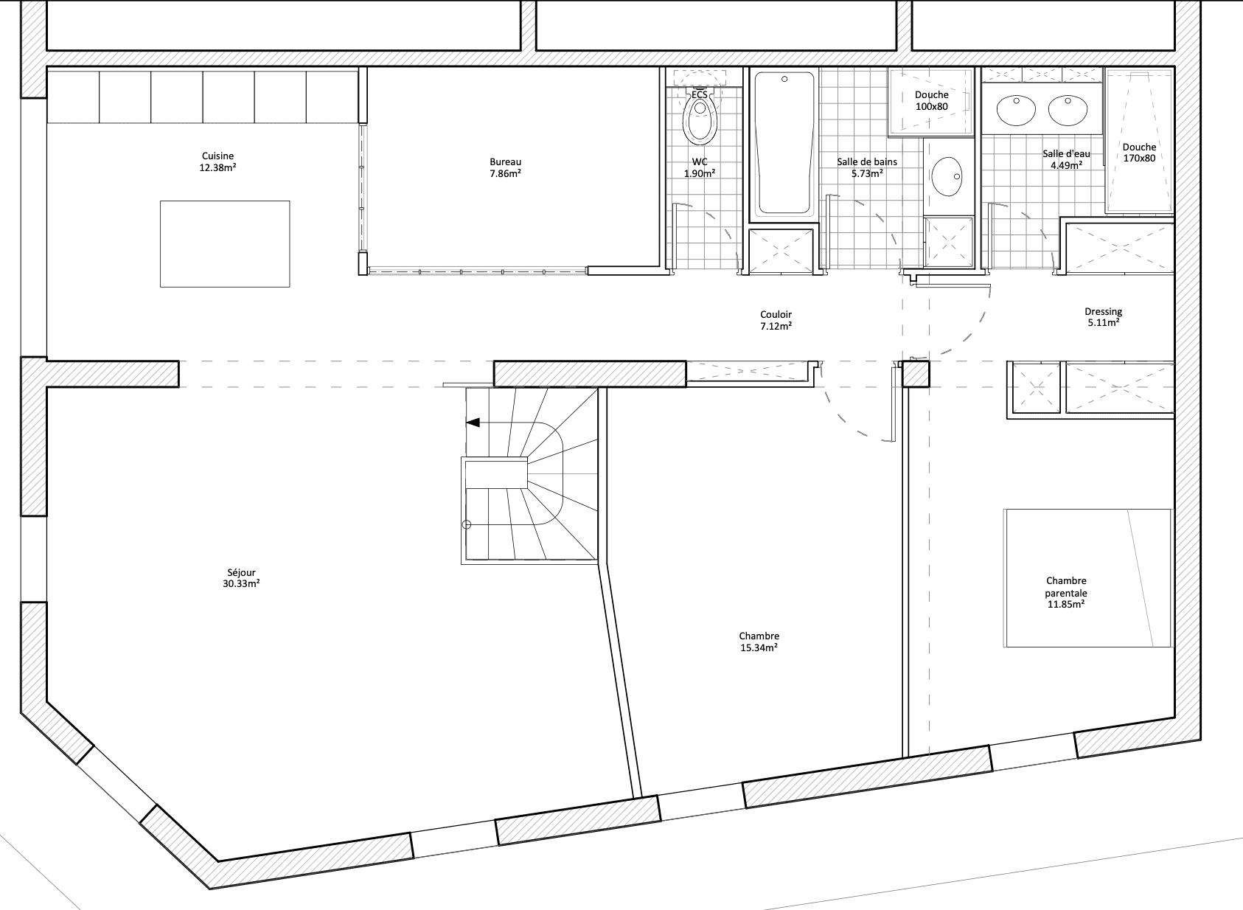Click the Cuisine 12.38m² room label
coord(217,161)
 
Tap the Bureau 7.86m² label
coord(505,167)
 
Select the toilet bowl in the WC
coord(700,118)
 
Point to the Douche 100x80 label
coord(932,100)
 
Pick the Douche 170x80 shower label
coord(1139,153)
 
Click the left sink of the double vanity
coord(1016,111)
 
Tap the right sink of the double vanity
coord(1068,111)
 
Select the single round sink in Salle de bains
coord(947,176)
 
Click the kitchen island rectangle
coord(225,244)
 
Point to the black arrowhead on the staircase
coord(473,423)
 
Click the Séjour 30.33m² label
coord(241,578)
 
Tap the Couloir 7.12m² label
coord(776,320)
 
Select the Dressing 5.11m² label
coord(1103,317)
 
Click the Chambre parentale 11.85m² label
coord(1066,592)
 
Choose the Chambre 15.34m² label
coord(759,642)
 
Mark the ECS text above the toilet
coord(699,94)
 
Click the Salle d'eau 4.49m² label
coord(1066,159)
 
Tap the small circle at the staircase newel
coord(467,524)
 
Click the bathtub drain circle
coord(784,79)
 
